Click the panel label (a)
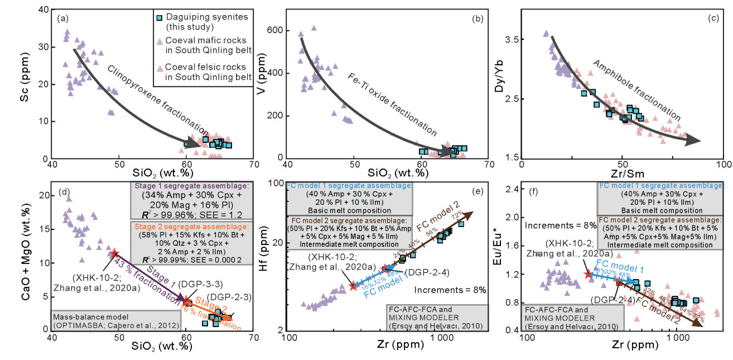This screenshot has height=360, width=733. click(x=62, y=18)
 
